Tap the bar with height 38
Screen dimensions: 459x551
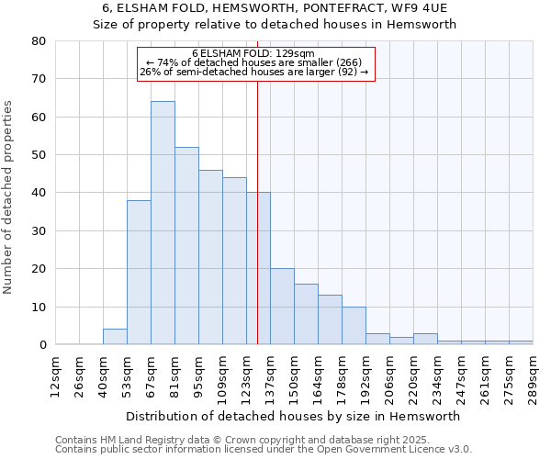139,273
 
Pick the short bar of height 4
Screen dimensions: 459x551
115,337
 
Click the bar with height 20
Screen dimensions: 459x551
282,307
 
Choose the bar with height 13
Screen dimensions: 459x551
330,319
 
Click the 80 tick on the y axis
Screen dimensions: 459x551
39,41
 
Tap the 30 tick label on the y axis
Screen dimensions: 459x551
39,231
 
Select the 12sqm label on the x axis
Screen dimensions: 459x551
55,375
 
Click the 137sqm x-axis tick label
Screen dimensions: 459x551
270,375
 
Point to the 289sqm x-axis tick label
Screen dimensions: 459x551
533,375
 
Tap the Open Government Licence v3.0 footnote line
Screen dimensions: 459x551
264,450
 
